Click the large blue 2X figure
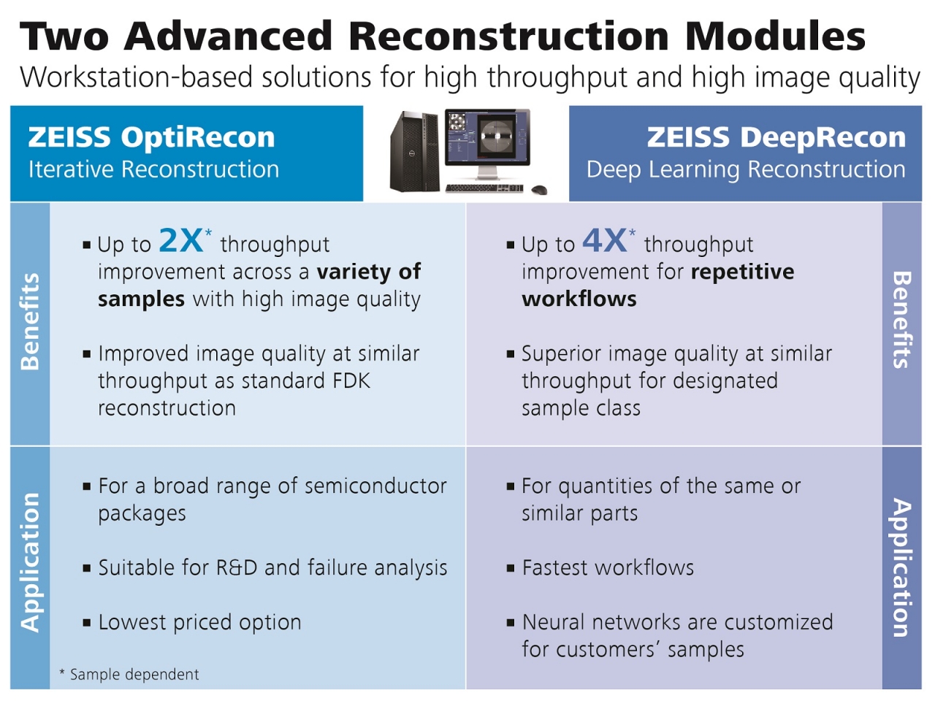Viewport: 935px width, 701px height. [x=180, y=240]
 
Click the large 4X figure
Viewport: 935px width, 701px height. [x=604, y=240]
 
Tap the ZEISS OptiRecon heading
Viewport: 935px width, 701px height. [x=151, y=137]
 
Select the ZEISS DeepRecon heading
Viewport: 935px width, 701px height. [x=776, y=137]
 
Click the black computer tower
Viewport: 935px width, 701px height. [x=415, y=151]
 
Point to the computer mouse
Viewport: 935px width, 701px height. [x=539, y=191]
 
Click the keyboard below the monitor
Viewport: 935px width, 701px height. [x=484, y=189]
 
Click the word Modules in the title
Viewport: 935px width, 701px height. [x=776, y=37]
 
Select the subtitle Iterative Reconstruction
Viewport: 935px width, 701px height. [x=153, y=169]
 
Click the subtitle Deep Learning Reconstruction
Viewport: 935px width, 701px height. [x=746, y=169]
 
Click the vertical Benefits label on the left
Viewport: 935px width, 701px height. [x=30, y=321]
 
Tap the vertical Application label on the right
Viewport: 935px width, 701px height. [x=902, y=567]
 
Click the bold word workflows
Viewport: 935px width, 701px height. [x=579, y=299]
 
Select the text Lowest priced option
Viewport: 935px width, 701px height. [x=199, y=622]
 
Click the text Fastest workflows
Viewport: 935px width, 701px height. [x=608, y=567]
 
